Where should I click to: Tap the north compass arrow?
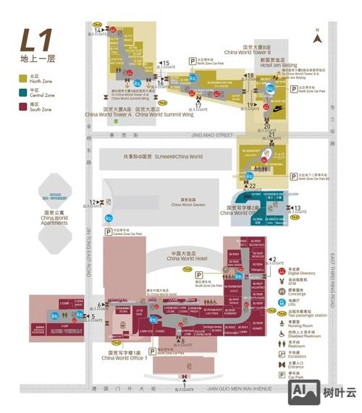click(x=317, y=33)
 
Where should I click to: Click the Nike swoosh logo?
click(x=278, y=109)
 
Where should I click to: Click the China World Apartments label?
click(x=54, y=220)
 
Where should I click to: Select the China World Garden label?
click(x=188, y=205)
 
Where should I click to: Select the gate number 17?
click(x=198, y=106)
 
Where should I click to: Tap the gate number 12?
click(x=92, y=203)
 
